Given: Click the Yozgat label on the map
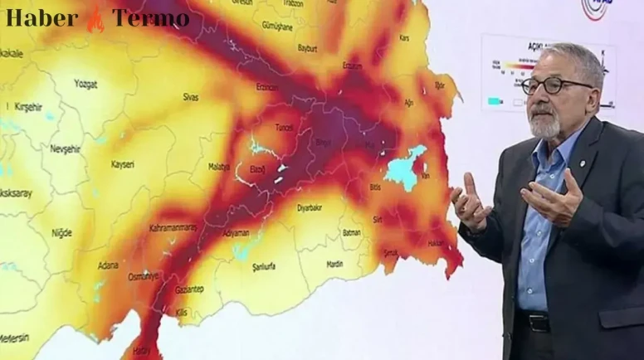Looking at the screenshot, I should coord(85,85).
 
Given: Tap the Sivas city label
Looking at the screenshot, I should coord(191,97).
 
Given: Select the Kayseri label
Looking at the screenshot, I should coord(122,164).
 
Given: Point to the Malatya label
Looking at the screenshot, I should coord(219,167).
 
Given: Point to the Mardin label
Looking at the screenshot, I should coord(335,265).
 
